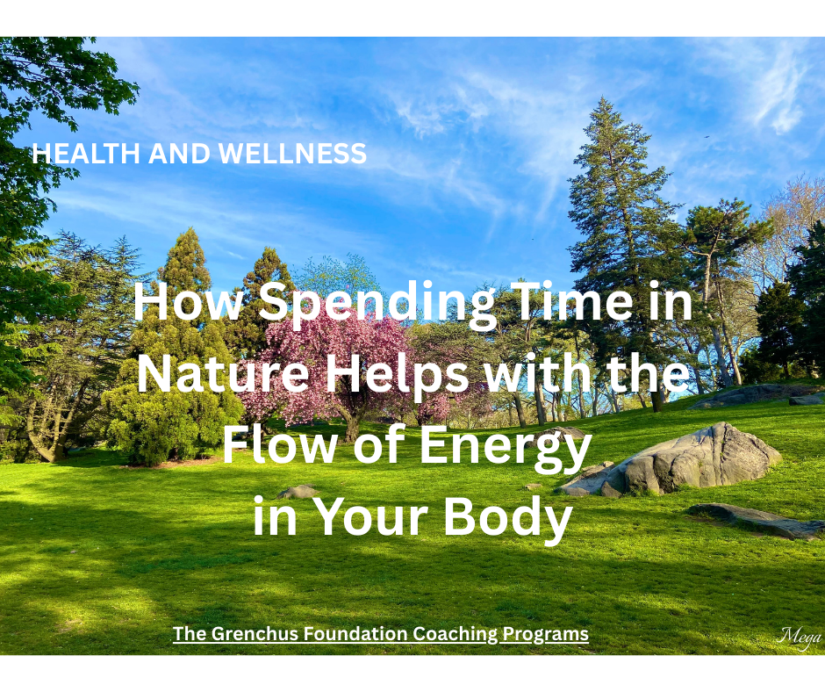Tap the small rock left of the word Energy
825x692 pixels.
tap(298, 491)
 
